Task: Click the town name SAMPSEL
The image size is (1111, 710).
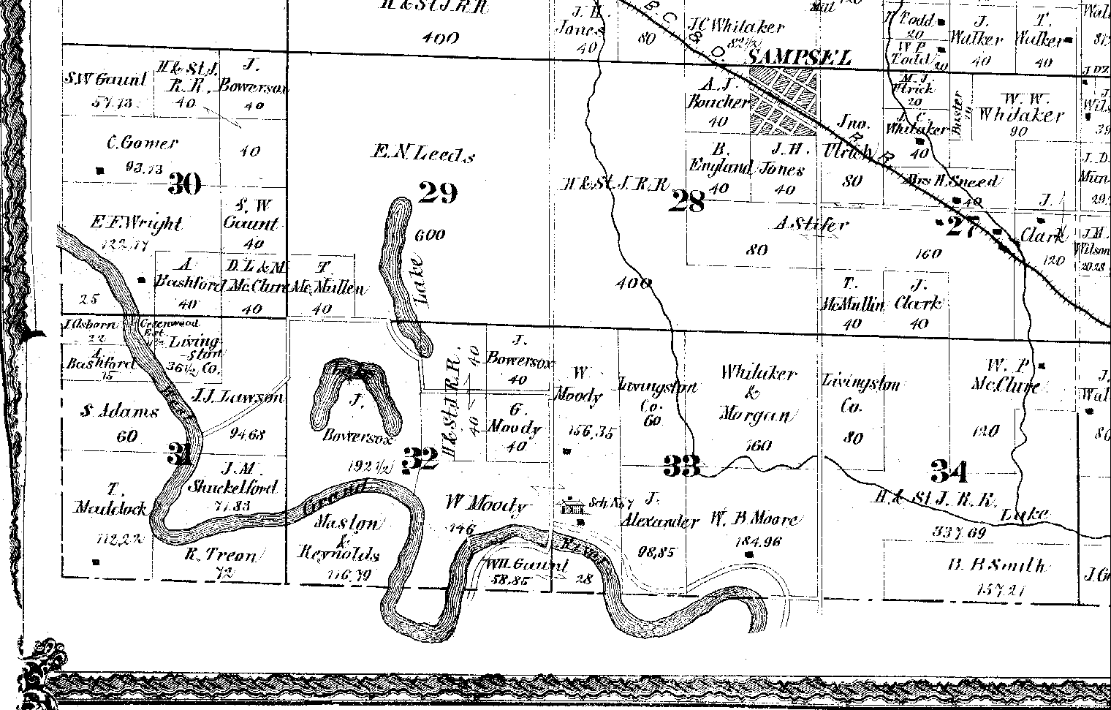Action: [x=799, y=58]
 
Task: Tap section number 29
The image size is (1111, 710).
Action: [x=438, y=192]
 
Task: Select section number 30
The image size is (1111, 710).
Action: [x=184, y=183]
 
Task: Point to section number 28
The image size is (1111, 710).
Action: [x=687, y=200]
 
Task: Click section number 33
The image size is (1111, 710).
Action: [x=681, y=464]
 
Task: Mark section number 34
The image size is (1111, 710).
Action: [x=949, y=471]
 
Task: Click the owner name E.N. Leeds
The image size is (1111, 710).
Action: [x=424, y=154]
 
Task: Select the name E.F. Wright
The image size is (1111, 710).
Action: [x=135, y=223]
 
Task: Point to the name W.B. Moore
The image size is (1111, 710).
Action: [x=754, y=521]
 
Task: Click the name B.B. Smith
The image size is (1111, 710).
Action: [x=996, y=565]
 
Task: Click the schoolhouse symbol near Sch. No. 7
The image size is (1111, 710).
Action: [x=572, y=505]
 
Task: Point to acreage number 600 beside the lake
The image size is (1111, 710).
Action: [x=429, y=235]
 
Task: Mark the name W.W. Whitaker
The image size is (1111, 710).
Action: [x=1021, y=115]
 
